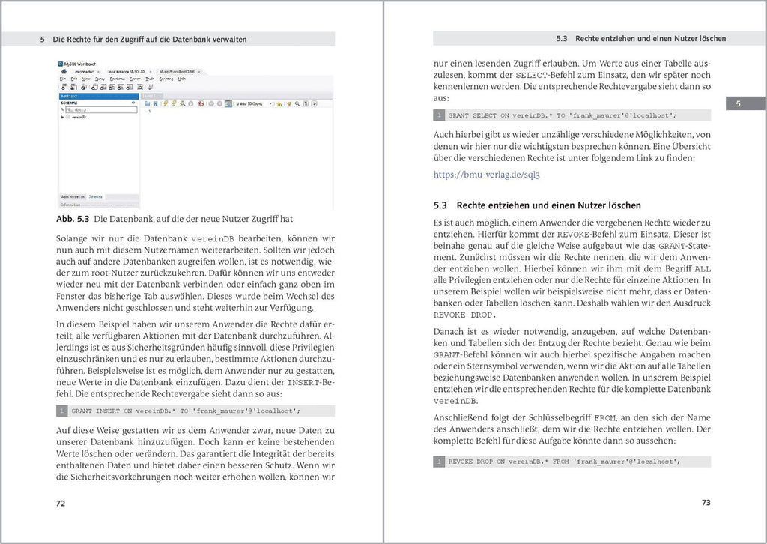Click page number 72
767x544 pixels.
61,503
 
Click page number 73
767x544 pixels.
706,503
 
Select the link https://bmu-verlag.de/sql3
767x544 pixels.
487,175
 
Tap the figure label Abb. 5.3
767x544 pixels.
74,220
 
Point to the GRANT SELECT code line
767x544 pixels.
562,115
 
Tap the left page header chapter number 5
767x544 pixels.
43,39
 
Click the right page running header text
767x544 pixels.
640,37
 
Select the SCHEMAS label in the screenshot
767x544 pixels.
70,103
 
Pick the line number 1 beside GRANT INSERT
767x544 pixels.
62,411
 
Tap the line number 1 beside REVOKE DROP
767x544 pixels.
440,462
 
